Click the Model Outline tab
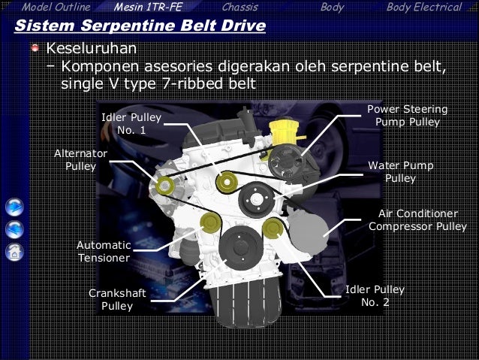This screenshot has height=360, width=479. pyautogui.click(x=56, y=8)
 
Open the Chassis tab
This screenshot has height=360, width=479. pyautogui.click(x=240, y=8)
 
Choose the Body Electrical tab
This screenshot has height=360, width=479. pyautogui.click(x=423, y=8)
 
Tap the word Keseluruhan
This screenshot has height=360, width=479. pyautogui.click(x=91, y=50)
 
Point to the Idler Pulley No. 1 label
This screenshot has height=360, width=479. pyautogui.click(x=131, y=124)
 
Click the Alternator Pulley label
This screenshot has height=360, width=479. pyautogui.click(x=81, y=159)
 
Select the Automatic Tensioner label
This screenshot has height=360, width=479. pyautogui.click(x=104, y=252)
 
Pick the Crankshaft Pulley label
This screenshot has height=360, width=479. pyautogui.click(x=117, y=298)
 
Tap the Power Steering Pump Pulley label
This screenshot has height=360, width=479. pyautogui.click(x=408, y=116)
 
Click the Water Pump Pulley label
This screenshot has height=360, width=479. pyautogui.click(x=401, y=172)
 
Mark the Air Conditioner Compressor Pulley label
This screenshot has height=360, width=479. pyautogui.click(x=417, y=219)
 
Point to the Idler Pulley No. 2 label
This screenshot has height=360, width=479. pyautogui.click(x=375, y=295)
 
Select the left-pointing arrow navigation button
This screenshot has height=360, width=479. pyautogui.click(x=14, y=229)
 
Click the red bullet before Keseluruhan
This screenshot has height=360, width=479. pyautogui.click(x=35, y=50)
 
